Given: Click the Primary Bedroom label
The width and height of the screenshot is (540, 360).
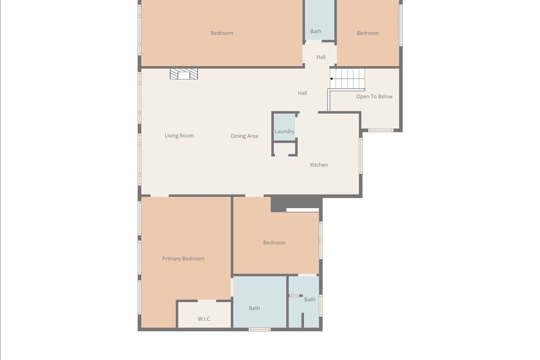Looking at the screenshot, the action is click(x=183, y=258).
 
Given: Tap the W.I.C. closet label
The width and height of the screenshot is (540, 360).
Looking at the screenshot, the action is click(x=204, y=319).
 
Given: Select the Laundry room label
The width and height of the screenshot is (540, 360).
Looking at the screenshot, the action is click(x=284, y=131).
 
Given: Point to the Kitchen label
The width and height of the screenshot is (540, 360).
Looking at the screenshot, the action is click(x=319, y=165).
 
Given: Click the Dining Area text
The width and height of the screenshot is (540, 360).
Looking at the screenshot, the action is click(x=244, y=136).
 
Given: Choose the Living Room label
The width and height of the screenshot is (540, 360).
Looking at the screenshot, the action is click(x=179, y=135).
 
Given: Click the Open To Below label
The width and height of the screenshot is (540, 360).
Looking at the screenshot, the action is click(x=374, y=96).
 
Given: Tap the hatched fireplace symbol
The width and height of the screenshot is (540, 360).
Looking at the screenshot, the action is click(x=184, y=74).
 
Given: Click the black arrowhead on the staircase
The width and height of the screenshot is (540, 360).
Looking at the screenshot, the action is click(x=331, y=79).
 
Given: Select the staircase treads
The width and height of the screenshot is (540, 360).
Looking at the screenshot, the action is click(x=348, y=79).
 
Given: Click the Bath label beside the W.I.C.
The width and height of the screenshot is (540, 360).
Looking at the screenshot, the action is click(x=255, y=308).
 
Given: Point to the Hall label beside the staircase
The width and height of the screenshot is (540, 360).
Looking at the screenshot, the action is click(x=302, y=93).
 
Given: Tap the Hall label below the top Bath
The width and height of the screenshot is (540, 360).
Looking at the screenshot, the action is click(x=321, y=57).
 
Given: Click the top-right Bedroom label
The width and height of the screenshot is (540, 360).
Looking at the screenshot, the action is click(x=368, y=33).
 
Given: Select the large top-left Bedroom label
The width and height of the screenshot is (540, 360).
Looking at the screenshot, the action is click(x=222, y=33).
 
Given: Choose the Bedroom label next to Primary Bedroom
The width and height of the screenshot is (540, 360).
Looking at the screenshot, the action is click(x=274, y=242).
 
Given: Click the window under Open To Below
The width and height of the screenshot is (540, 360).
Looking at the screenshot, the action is click(x=381, y=130).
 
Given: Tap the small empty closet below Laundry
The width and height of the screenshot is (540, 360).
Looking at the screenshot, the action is click(x=285, y=149).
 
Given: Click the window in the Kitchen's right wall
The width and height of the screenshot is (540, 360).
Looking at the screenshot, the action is click(x=361, y=155).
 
